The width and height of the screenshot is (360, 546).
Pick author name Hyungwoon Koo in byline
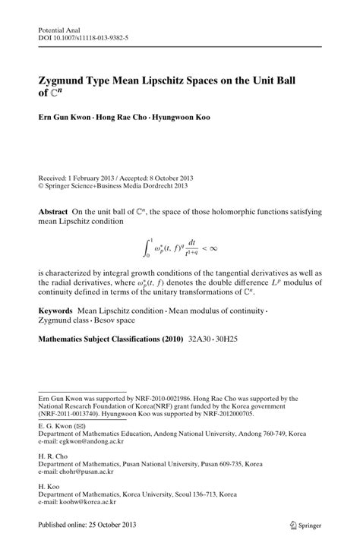181,118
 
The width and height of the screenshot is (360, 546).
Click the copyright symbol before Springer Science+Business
41,184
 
